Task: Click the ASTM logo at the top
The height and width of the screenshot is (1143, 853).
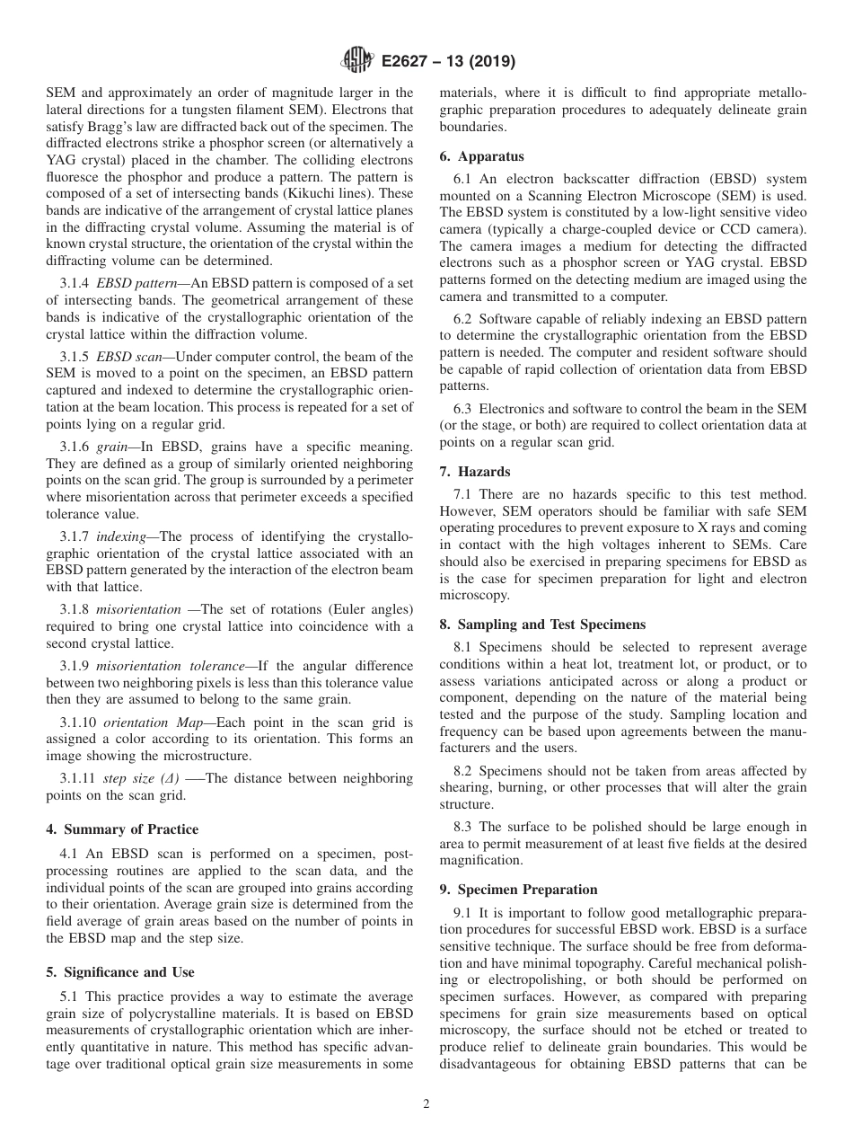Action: coord(357,62)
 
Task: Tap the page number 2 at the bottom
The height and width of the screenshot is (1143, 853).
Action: coord(426,1104)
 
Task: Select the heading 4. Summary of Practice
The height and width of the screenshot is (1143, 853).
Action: coord(122,829)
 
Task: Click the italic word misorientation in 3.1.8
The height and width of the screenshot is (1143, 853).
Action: coord(138,609)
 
